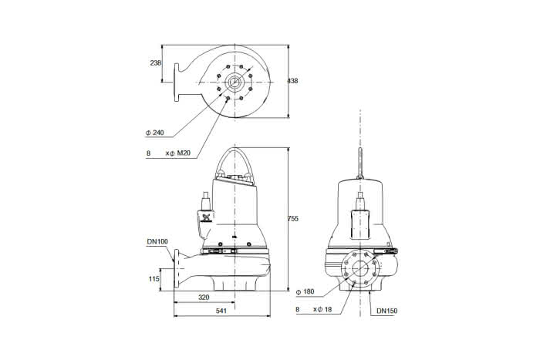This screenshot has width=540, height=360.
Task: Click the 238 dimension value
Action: [x=155, y=63]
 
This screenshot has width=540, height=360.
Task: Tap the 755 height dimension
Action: [x=292, y=219]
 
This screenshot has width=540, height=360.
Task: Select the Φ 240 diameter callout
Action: [x=154, y=133]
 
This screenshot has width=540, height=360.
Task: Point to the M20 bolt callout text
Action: [x=184, y=153]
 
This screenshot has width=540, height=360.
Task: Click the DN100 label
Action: [x=157, y=241]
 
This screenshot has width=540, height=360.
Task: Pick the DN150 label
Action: [x=386, y=311]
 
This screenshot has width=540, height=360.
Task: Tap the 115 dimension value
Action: [x=154, y=279]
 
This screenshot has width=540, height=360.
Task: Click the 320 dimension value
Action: [x=204, y=298]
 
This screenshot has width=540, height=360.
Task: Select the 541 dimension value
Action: [x=221, y=311]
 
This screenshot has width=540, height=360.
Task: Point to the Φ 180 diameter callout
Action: [x=305, y=292]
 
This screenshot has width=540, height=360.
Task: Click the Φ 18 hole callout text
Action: [x=324, y=310]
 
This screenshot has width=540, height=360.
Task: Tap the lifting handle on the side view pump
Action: [x=235, y=161]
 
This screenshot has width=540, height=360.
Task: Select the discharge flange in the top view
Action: [x=177, y=82]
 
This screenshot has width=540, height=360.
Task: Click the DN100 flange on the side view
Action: [x=177, y=268]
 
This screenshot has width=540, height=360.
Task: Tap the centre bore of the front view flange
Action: [x=360, y=268]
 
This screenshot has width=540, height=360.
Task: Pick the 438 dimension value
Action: [x=292, y=81]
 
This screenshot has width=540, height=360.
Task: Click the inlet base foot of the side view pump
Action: [x=235, y=283]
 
